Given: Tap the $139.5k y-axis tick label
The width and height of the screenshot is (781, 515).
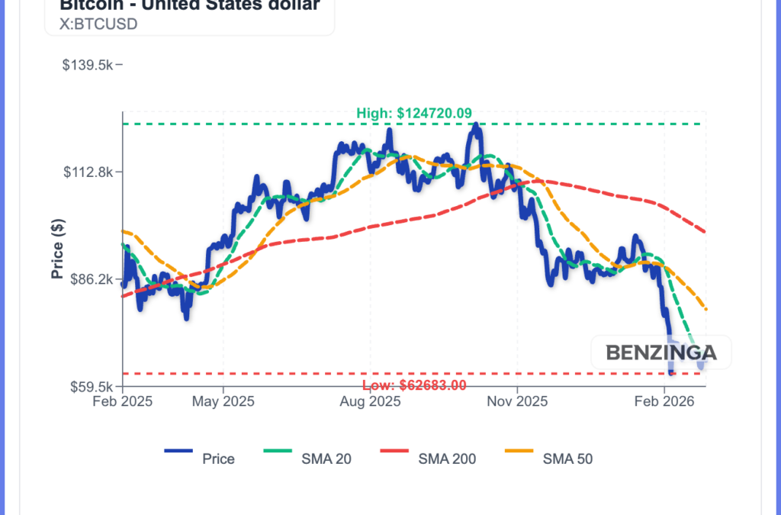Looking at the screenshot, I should (x=88, y=65).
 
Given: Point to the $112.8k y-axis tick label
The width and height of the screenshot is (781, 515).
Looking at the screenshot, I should (x=88, y=172).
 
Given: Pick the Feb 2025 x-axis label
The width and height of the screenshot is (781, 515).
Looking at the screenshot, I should (x=122, y=401).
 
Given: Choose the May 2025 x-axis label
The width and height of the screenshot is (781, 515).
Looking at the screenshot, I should (x=223, y=401).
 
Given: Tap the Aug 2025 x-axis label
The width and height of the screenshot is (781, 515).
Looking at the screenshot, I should (x=370, y=401).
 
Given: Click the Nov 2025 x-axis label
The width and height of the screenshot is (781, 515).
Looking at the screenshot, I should (x=517, y=401).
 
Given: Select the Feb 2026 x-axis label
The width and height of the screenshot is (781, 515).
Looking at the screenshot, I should (x=664, y=401).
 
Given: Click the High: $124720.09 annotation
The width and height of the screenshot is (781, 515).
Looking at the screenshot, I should (x=414, y=113).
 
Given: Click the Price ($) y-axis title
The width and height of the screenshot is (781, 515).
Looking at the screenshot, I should (x=57, y=249).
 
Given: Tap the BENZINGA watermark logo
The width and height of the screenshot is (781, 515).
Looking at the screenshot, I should (x=661, y=352).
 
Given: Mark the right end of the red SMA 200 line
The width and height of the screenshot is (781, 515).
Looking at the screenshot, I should (x=705, y=232).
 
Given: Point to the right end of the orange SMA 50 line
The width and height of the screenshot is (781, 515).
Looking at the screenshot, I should (x=706, y=309).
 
